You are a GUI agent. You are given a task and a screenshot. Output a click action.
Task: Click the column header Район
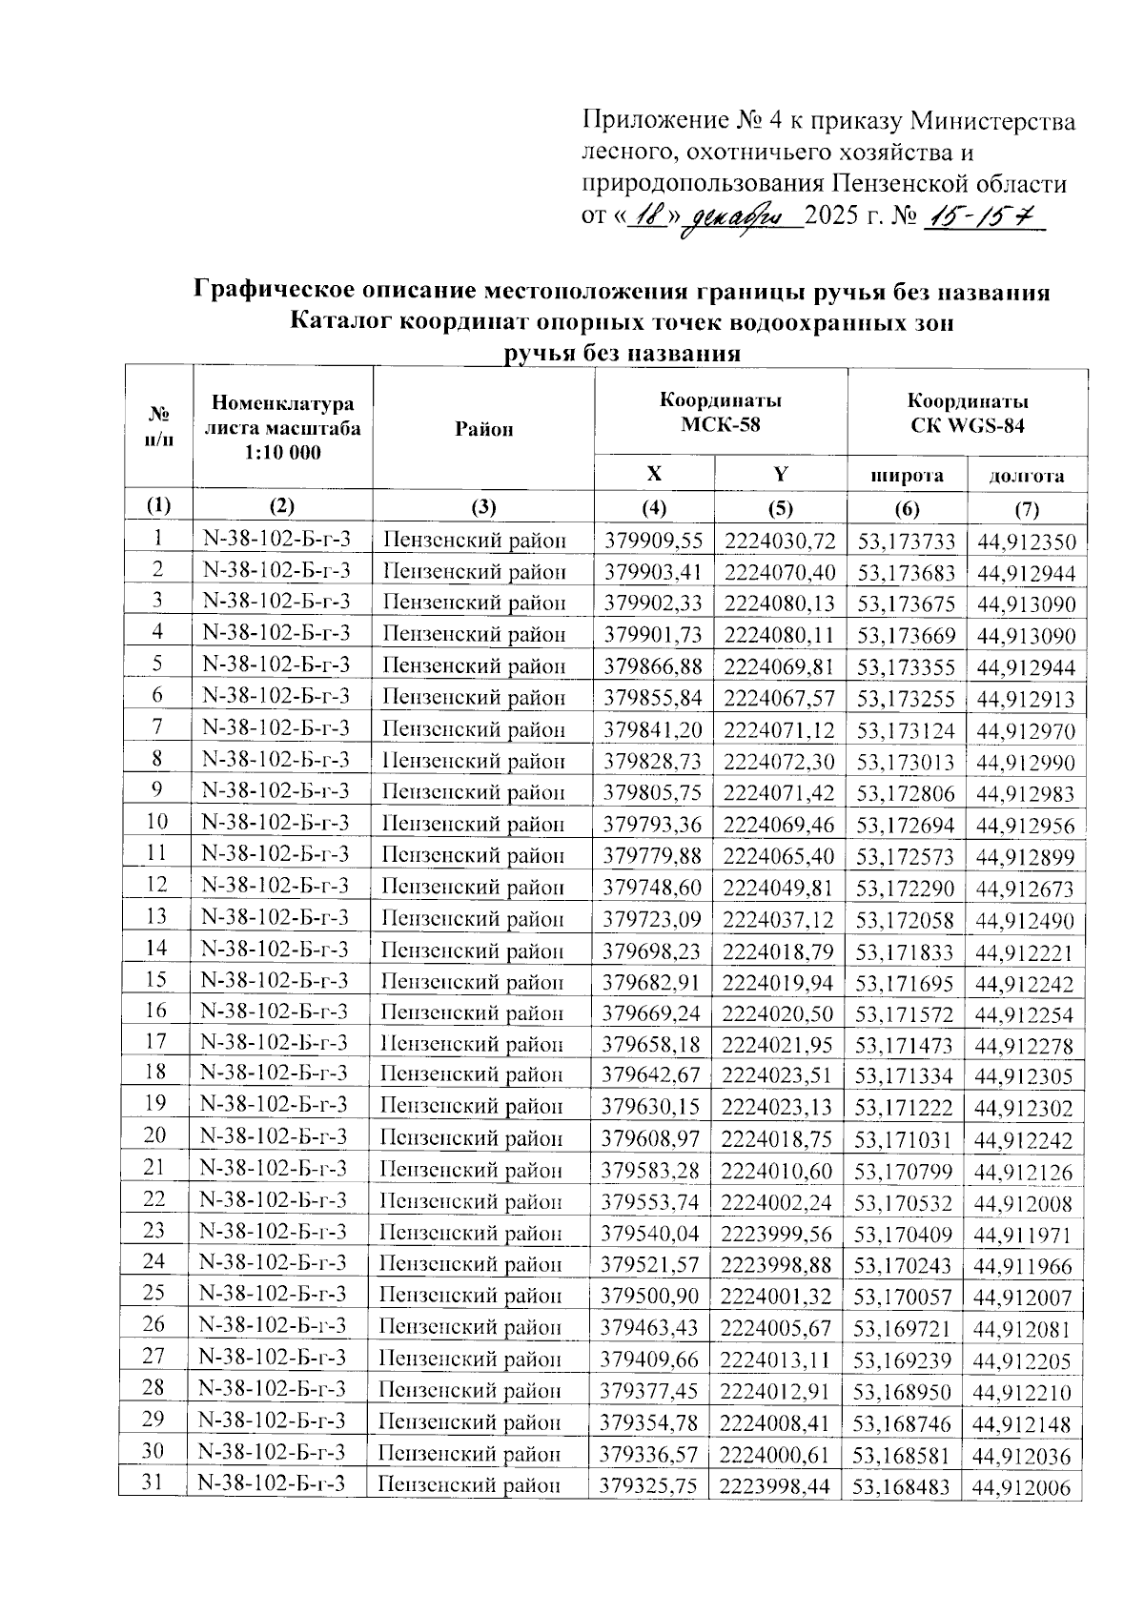pos(483,429)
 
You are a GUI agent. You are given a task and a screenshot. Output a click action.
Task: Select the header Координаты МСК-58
pos(721,413)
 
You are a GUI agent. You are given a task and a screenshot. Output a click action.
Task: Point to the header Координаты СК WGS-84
pos(967,413)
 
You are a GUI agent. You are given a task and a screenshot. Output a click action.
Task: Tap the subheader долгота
pos(1027,475)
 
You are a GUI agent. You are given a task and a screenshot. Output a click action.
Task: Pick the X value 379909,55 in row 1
pos(654,542)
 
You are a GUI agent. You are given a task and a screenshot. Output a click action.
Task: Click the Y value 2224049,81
pos(779,889)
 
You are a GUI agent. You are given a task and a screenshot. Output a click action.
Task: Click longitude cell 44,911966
pos(1024,1267)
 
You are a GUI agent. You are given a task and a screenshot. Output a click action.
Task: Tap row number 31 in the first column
pos(153,1482)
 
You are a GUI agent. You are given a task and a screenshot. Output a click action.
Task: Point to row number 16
pos(156,1011)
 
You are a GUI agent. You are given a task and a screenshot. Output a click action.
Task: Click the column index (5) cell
pos(780,507)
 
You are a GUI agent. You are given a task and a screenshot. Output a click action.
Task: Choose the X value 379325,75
pos(648,1485)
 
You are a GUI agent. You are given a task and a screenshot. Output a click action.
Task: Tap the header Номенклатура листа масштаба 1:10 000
pos(282,428)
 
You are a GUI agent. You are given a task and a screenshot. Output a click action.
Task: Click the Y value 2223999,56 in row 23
pos(776,1235)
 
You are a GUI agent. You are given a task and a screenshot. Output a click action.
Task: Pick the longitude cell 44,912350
pos(1026,543)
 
